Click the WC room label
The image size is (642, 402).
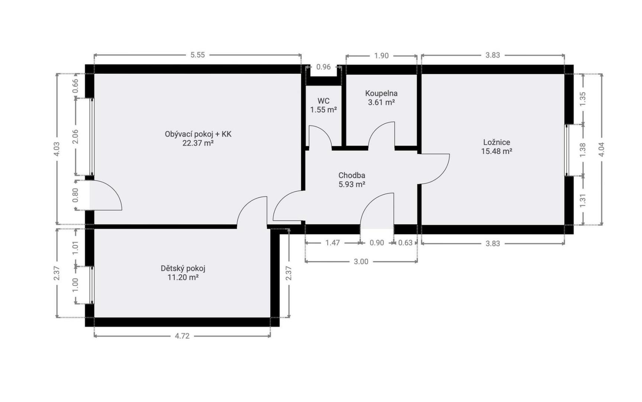[x=323, y=101]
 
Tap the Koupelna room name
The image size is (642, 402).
[x=381, y=93]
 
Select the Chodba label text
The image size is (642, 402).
[x=351, y=175]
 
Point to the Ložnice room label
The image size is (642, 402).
[x=496, y=142]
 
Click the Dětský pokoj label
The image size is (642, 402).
[x=183, y=268]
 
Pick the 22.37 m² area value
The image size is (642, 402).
[x=198, y=143]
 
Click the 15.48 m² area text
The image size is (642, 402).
[x=496, y=151]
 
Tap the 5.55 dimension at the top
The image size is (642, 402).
[x=198, y=55]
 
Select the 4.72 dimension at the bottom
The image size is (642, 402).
[x=182, y=336]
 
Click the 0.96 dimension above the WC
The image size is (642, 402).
[x=323, y=67]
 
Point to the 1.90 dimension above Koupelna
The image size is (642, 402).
[x=381, y=56]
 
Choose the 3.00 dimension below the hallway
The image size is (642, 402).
[x=361, y=262]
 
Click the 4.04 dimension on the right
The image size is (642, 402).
[x=602, y=149]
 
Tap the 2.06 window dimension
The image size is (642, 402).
[x=75, y=137]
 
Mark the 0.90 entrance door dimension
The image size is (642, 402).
[x=377, y=243]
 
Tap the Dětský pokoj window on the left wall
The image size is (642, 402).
[x=92, y=285]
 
